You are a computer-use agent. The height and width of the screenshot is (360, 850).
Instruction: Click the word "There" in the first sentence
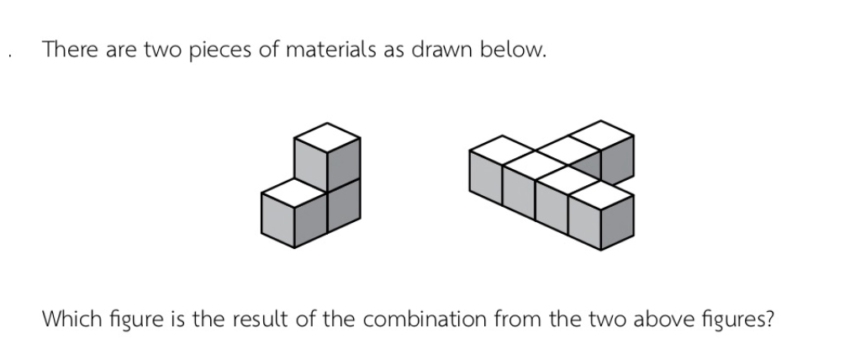click(x=71, y=50)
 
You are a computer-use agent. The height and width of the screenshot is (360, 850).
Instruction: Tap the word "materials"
click(x=330, y=50)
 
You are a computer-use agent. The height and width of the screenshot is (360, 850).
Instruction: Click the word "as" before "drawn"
click(x=393, y=51)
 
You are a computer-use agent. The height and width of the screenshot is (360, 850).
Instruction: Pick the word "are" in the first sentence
click(x=122, y=51)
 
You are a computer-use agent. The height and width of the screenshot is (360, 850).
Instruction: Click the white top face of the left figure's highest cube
click(x=327, y=138)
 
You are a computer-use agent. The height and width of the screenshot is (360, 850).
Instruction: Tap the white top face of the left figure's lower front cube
click(x=293, y=193)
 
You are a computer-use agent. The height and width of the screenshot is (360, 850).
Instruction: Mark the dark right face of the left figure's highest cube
click(x=344, y=165)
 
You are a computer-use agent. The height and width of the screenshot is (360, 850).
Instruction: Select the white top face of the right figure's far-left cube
click(x=502, y=150)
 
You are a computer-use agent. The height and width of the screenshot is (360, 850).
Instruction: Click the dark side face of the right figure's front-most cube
click(x=617, y=222)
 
